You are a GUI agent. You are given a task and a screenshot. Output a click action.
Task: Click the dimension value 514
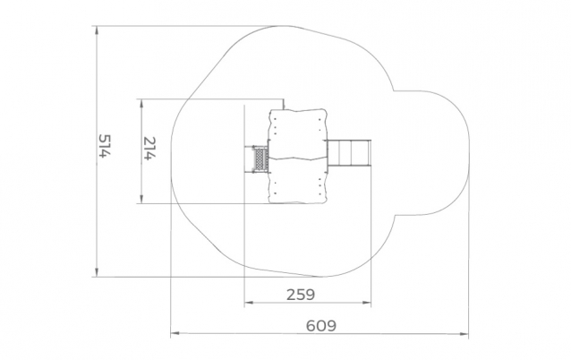pos(104,146)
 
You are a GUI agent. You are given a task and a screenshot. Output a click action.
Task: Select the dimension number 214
pos(149,149)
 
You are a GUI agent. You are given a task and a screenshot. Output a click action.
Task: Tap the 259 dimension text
pos(301,295)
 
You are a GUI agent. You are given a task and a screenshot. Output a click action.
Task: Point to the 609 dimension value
pos(320,325)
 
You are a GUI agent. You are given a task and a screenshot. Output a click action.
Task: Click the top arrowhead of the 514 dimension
pos(97,30)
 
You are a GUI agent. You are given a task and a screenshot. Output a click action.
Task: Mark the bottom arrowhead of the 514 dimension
pos(97,272)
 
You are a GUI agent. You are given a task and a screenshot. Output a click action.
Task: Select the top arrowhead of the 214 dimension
pos(141,103)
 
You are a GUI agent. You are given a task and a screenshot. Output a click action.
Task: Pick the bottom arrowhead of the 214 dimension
pos(141,199)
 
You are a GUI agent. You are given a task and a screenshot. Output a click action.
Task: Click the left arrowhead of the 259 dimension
pos(249,302)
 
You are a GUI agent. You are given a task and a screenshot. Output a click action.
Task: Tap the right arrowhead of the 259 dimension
pos(367,302)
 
